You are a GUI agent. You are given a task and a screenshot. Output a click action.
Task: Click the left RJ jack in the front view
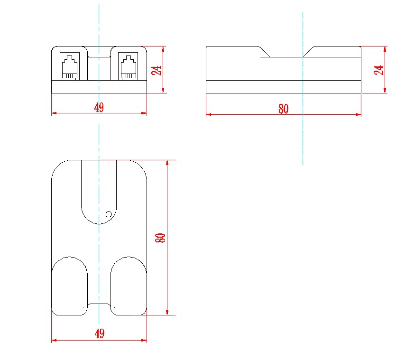coord(69,67)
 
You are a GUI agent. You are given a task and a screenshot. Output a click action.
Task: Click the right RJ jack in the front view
coord(128,67)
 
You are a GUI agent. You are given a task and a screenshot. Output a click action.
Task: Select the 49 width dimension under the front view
coord(99,108)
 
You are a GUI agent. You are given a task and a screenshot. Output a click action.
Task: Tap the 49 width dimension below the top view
coord(99,334)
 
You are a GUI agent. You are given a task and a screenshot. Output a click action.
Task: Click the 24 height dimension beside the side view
coord(379,70)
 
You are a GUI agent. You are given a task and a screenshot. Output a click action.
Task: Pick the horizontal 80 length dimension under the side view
coord(283,109)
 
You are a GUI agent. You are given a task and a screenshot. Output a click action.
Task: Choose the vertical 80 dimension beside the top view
coord(161,238)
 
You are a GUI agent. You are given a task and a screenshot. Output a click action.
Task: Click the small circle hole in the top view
coord(109,214)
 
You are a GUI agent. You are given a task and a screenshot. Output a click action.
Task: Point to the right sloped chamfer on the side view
coord(309,52)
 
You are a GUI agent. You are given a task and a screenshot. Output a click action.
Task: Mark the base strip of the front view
coord(99,86)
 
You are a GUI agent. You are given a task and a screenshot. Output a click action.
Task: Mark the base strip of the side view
coord(283,86)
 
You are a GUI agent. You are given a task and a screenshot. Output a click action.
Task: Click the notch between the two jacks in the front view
coord(99,51)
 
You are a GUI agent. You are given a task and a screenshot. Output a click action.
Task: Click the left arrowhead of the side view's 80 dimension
coord(209,114)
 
